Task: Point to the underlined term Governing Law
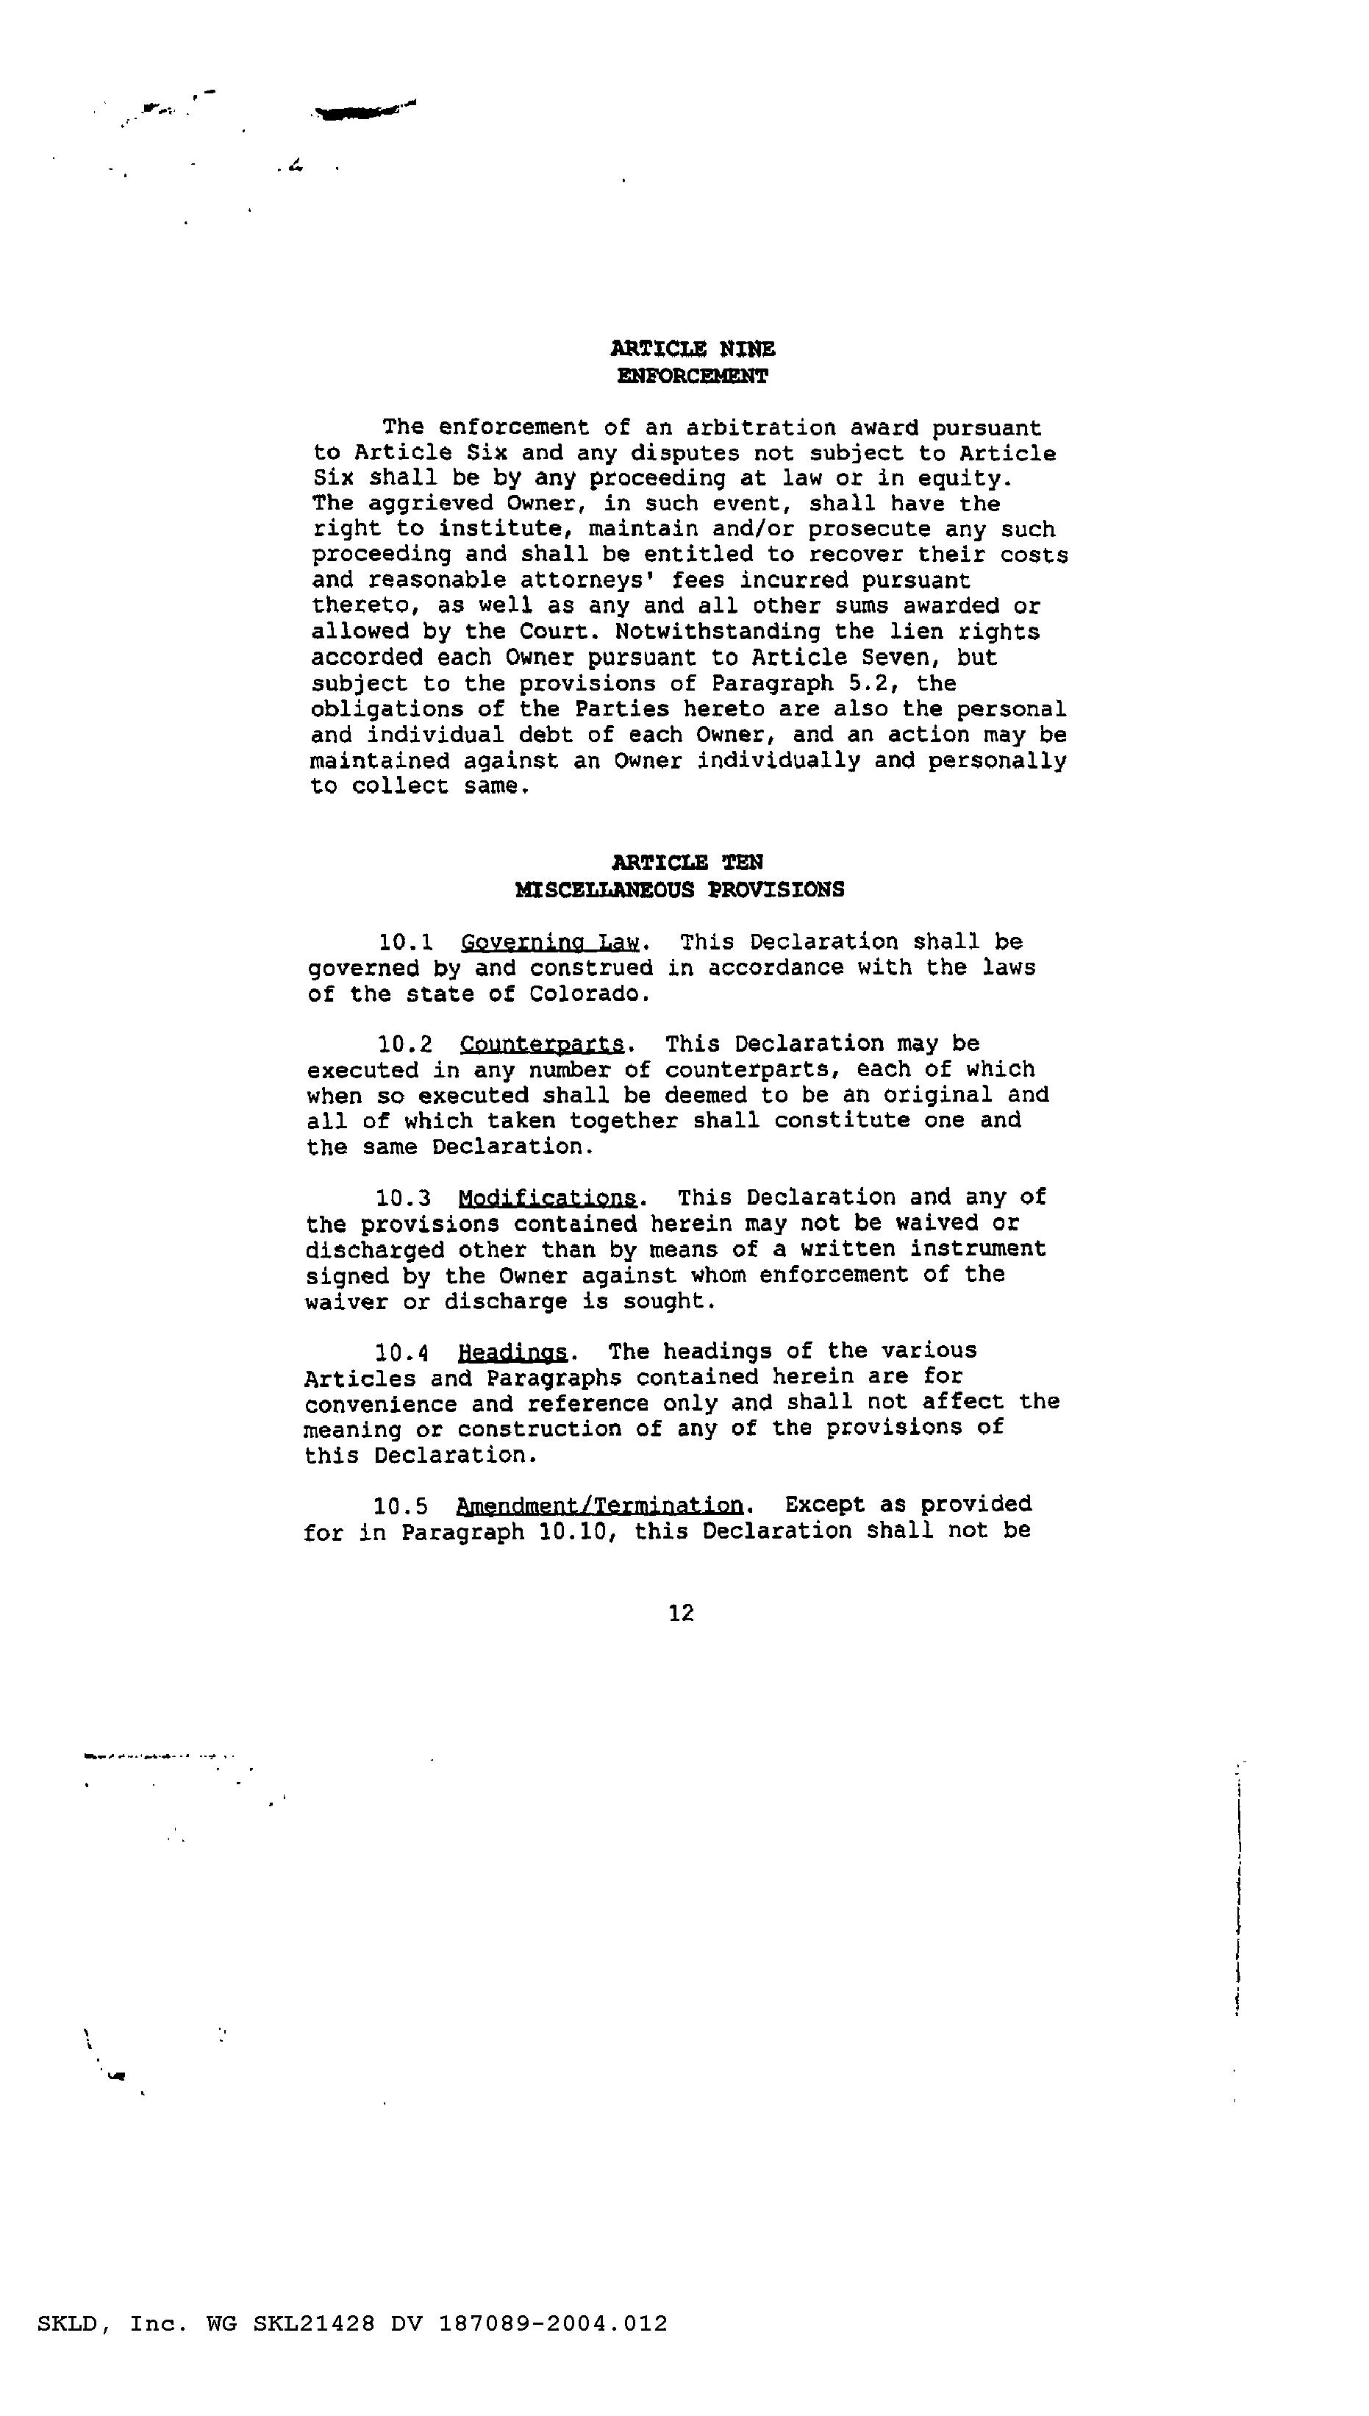550,941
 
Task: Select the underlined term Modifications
546,1197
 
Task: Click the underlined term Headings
512,1352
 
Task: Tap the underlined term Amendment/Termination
599,1505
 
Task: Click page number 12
681,1614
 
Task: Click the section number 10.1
405,941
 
